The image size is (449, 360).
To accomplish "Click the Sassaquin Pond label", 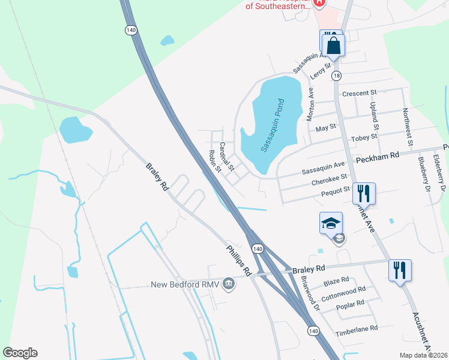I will click(x=272, y=125).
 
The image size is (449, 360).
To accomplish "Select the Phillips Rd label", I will click(x=238, y=259).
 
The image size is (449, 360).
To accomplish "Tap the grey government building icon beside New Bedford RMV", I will click(x=228, y=283).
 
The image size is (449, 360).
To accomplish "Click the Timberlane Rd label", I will click(x=357, y=328).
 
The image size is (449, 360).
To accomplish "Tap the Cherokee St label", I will click(x=330, y=178).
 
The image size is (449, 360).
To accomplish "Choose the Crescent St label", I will click(x=358, y=93).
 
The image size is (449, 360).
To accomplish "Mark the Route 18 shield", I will click(x=336, y=76).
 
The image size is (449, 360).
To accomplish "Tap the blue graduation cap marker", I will click(x=331, y=223).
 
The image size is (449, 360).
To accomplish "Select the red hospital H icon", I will click(x=320, y=2).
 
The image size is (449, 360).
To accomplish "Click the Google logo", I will click(x=20, y=353).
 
